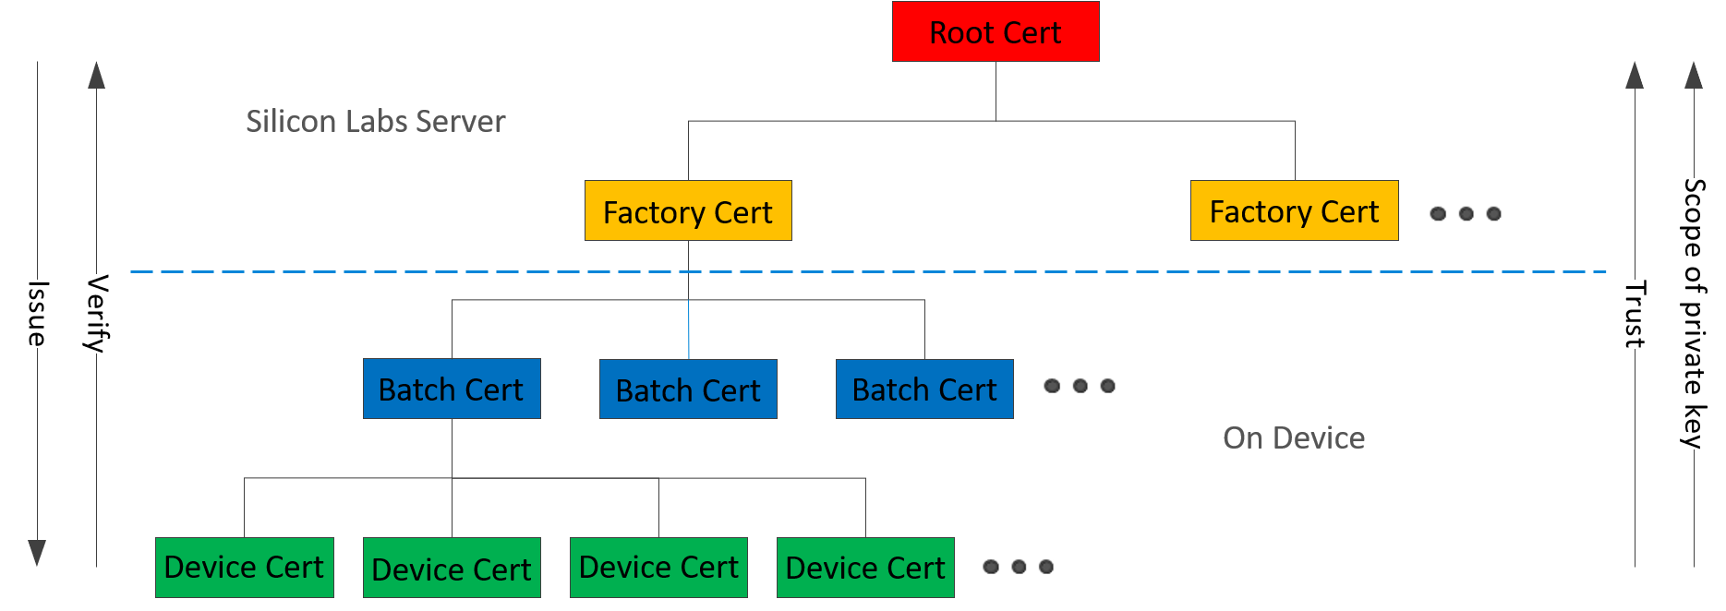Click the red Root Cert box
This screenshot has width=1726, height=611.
click(x=996, y=31)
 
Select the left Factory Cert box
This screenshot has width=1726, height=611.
click(x=688, y=211)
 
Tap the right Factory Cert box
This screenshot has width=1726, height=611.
click(x=1294, y=211)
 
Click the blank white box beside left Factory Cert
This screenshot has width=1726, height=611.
click(x=828, y=210)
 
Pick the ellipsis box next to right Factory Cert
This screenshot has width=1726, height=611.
click(x=1471, y=215)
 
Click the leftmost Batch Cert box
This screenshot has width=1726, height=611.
click(x=452, y=389)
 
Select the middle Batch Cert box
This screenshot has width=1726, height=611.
click(x=688, y=389)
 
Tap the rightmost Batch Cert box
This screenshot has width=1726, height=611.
click(x=924, y=389)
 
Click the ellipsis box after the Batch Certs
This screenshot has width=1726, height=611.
click(x=1085, y=387)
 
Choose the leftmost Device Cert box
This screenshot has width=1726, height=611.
click(x=245, y=568)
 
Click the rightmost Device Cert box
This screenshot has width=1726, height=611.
click(x=865, y=568)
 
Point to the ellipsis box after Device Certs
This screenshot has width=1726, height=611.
click(x=1024, y=568)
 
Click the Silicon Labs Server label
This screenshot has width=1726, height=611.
click(x=375, y=122)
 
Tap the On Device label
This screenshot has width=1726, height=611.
click(x=1294, y=437)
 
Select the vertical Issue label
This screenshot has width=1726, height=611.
click(x=37, y=314)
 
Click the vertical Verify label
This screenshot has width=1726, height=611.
click(x=97, y=314)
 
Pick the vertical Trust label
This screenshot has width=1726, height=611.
click(x=1635, y=315)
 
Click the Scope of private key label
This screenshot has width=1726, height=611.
click(x=1694, y=314)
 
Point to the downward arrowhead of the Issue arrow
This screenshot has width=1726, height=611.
click(x=37, y=552)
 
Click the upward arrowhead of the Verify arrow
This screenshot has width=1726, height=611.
click(x=97, y=76)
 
